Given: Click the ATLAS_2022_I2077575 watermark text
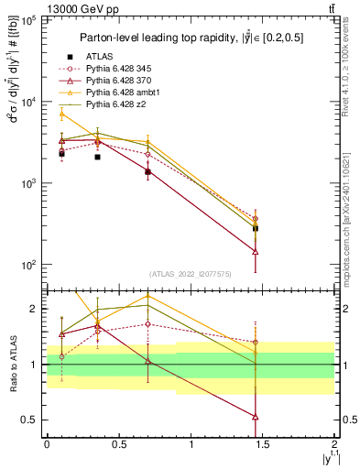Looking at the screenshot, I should point(191,273).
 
